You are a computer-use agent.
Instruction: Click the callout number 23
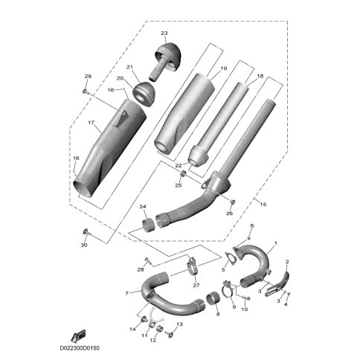pos(164,33)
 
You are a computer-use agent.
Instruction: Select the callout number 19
pos(223,68)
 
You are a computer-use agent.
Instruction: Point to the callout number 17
pos(91,122)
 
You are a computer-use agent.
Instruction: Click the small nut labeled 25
pos(183,174)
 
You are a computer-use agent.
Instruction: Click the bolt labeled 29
pos(86,91)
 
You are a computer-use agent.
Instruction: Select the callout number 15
pos(263,205)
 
